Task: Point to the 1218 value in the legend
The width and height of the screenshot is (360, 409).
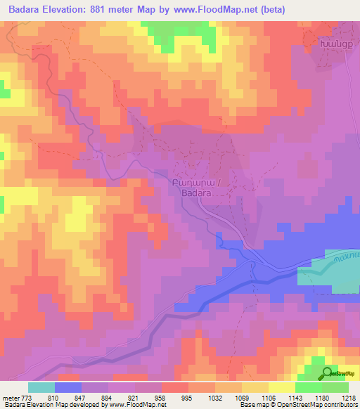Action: click(x=340, y=397)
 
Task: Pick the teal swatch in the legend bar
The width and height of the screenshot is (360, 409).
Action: click(x=41, y=387)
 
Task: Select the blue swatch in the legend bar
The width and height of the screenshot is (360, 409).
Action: click(x=68, y=387)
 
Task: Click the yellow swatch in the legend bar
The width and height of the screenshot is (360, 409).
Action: click(x=282, y=387)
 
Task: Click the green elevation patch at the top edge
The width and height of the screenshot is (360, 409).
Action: click(x=176, y=32)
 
